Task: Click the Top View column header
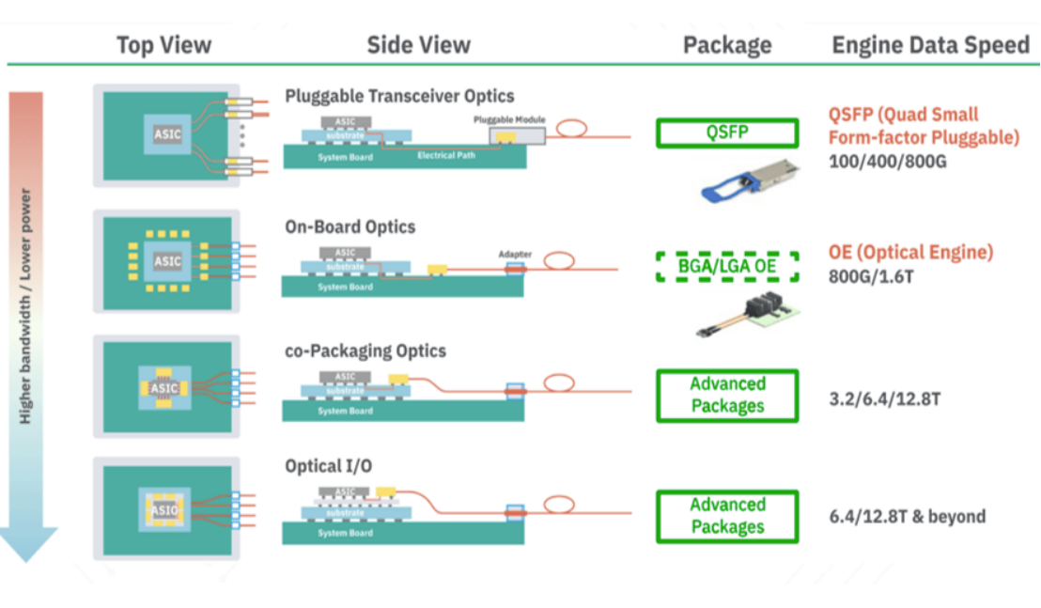point(163,44)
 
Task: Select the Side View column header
point(418,44)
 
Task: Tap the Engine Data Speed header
point(930,45)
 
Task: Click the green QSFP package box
point(727,133)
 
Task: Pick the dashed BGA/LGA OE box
point(727,267)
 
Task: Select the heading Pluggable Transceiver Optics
point(399,96)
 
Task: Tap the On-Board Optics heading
point(350,226)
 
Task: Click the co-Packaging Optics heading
point(365,351)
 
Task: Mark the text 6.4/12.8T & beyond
point(907,516)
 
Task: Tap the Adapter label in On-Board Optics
point(515,254)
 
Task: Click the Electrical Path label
point(446,156)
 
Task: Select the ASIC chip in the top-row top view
point(167,134)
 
